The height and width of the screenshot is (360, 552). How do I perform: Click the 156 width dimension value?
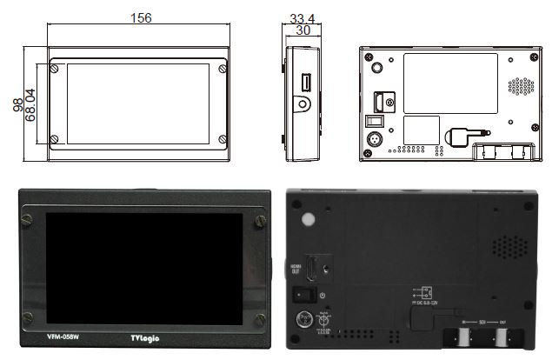tap(136, 18)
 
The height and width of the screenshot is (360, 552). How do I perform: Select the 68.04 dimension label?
tap(31, 105)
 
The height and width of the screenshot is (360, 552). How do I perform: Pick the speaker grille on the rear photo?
tap(509, 247)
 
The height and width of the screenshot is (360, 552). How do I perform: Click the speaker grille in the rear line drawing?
tap(520, 86)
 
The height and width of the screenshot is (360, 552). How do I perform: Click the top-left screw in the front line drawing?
tap(55, 66)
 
